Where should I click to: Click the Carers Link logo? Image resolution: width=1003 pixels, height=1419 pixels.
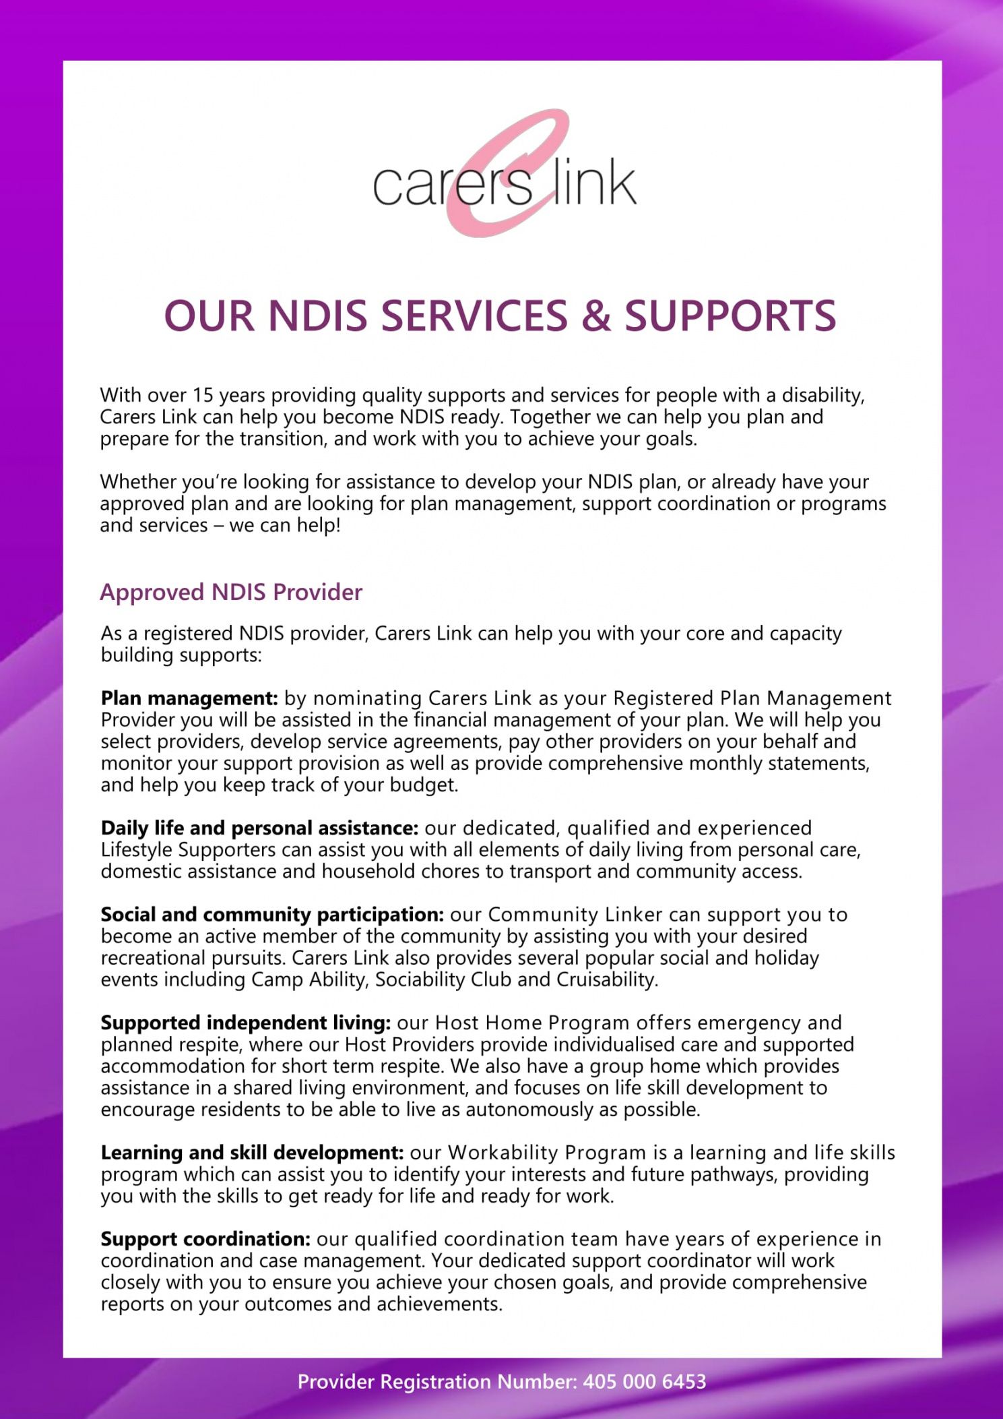pos(505,174)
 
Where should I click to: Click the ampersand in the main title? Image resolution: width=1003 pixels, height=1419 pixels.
pos(595,316)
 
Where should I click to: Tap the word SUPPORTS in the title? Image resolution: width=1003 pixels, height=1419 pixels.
pos(730,316)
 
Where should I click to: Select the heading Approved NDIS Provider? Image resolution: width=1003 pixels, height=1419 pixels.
pos(231,592)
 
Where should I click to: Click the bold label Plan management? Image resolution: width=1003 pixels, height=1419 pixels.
pos(189,698)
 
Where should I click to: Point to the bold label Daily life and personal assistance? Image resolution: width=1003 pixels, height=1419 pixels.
pos(259,828)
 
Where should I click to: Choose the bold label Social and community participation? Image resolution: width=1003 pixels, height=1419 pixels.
pos(272,915)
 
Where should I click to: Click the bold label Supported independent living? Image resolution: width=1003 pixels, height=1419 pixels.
pos(246,1023)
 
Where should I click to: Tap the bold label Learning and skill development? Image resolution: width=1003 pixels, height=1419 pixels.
pos(252,1153)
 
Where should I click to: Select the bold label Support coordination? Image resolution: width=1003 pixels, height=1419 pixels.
pos(205,1239)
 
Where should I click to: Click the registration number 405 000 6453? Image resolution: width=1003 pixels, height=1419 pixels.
pos(645,1382)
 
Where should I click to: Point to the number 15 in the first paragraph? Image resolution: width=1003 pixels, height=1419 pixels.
pos(202,395)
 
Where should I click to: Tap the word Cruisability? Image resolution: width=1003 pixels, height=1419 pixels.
pos(606,979)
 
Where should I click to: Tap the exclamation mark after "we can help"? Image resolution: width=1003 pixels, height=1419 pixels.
pos(337,525)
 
